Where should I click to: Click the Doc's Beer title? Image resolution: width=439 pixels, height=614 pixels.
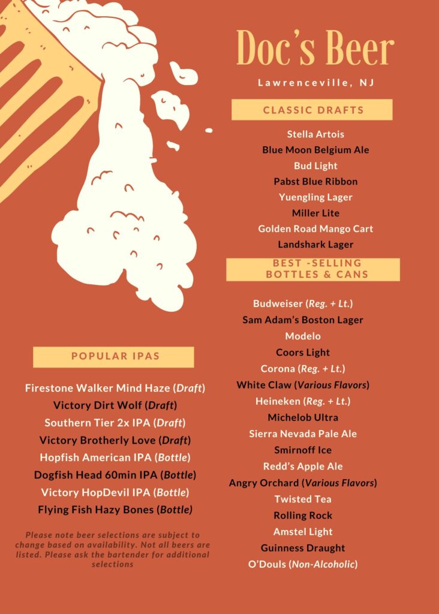tap(315, 48)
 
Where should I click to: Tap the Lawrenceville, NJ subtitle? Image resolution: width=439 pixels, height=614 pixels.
tap(315, 83)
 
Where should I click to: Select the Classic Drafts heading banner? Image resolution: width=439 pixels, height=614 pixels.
tap(312, 110)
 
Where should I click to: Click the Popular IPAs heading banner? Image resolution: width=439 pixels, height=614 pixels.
tap(114, 356)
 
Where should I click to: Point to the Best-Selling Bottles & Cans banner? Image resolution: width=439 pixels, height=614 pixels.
tap(313, 269)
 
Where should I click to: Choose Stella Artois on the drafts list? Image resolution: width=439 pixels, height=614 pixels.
tap(315, 134)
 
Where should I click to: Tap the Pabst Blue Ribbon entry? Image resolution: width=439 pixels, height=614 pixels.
tap(315, 181)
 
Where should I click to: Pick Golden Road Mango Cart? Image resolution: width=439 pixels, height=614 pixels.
tap(315, 228)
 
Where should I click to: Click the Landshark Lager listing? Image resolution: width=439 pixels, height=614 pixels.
tap(315, 245)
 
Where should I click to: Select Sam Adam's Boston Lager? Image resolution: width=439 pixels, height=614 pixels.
tap(303, 320)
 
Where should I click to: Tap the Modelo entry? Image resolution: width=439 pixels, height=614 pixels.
tap(303, 336)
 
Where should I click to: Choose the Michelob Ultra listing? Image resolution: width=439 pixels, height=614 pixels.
tap(303, 417)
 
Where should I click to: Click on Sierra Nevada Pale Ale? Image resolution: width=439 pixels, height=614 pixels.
tap(303, 434)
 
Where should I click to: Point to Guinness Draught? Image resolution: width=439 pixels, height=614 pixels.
tap(303, 547)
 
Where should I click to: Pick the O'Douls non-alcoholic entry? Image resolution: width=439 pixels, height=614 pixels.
tap(303, 564)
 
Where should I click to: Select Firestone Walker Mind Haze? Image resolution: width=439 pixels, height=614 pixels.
tap(115, 388)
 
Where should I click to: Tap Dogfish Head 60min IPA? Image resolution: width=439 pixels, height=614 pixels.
tap(115, 475)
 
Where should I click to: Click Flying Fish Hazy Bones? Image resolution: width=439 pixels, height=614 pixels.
tap(115, 510)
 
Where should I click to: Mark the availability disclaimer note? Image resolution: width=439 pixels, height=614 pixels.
tap(113, 549)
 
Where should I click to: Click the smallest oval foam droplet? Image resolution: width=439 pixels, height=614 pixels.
tap(209, 130)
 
